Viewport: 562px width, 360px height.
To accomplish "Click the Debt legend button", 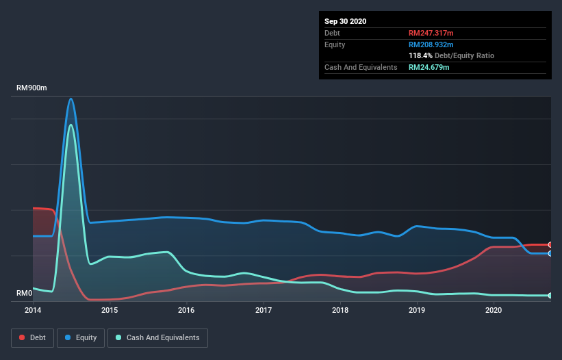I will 31,337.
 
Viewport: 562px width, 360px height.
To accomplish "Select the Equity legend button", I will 81,337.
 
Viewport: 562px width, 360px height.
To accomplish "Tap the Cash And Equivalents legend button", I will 157,337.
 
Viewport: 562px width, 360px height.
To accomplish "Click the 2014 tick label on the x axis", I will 33,310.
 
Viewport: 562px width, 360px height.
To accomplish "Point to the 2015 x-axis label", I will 110,310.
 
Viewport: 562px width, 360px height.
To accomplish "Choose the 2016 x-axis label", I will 186,310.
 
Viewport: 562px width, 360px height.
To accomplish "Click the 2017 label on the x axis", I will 263,310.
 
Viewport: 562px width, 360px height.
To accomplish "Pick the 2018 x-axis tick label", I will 340,310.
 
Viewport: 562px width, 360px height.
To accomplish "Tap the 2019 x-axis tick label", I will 416,310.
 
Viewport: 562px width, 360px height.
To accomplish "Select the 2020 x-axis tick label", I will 493,310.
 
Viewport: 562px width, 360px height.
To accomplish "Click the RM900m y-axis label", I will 32,88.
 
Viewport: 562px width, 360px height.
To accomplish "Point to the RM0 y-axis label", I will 25,293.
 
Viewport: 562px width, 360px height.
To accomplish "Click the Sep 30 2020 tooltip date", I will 345,21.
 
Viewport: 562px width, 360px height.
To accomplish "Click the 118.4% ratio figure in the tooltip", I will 420,55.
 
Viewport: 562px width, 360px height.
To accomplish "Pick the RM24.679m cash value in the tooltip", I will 429,67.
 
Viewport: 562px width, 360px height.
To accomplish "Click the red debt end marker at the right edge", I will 550,244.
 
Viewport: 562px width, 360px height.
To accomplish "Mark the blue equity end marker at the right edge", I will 550,253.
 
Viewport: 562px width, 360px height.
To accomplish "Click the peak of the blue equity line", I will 71,99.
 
